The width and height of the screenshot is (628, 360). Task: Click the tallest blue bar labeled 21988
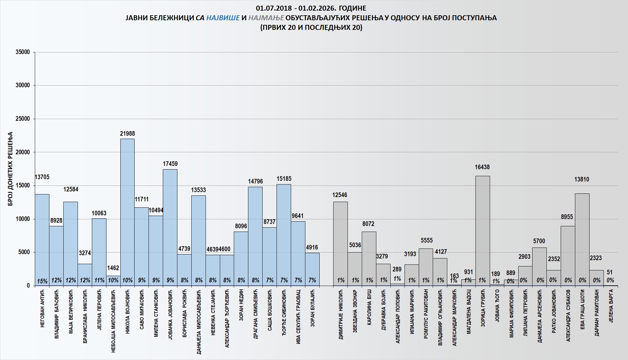(127, 212)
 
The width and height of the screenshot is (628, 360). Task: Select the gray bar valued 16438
(482, 231)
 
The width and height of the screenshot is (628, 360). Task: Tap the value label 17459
(170, 164)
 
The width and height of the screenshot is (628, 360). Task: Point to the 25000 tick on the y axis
(23, 119)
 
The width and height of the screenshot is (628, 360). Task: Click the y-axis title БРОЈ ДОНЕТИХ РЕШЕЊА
(10, 169)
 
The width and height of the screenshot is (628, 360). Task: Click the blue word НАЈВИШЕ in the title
(223, 18)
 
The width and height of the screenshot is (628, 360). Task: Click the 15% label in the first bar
(42, 281)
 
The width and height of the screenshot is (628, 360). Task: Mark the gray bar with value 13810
(582, 239)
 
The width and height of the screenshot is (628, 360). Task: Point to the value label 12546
(340, 195)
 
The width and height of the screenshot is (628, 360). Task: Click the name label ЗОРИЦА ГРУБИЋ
(483, 308)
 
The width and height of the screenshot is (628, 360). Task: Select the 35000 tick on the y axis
(23, 52)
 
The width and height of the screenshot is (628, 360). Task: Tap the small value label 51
(610, 272)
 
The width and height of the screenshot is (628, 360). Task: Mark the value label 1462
(113, 268)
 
